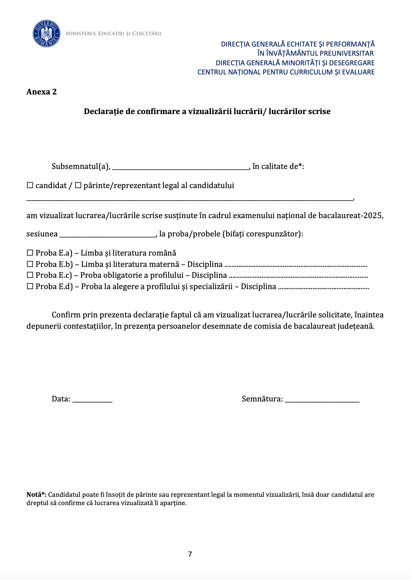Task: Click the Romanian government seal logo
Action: coord(46,34)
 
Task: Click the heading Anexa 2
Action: coord(41,92)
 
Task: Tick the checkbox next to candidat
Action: coord(30,185)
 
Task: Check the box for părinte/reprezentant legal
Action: coord(78,185)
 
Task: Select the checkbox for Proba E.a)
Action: coord(30,253)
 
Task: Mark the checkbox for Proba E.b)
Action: coord(30,264)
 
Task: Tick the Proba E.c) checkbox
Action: coord(30,275)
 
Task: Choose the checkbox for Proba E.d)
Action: coord(30,287)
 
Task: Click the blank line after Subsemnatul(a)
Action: coord(180,168)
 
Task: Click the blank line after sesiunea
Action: coord(107,236)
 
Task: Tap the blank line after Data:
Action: coord(92,401)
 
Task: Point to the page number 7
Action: coord(190,554)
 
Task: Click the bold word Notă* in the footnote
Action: coord(36,495)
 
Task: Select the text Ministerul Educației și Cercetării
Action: coord(113,34)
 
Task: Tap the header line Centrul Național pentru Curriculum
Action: coord(286,72)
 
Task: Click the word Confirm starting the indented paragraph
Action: coord(66,315)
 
